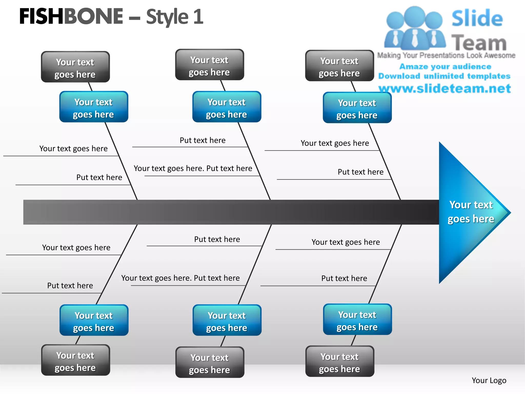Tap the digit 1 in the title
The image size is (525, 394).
198,17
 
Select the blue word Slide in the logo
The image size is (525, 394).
477,18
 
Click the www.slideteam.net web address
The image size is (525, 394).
445,88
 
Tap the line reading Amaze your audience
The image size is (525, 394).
445,67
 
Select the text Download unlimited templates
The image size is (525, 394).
444,76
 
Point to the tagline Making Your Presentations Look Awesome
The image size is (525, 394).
446,55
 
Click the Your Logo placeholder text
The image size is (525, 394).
489,380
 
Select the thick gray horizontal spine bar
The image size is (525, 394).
231,212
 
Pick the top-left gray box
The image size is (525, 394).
75,67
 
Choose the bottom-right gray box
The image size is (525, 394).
340,361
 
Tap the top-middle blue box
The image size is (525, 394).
227,107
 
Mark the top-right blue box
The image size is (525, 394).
357,108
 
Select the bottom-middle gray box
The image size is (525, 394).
210,362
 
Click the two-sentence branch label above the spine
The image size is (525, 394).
193,169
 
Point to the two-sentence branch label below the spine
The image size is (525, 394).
180,278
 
